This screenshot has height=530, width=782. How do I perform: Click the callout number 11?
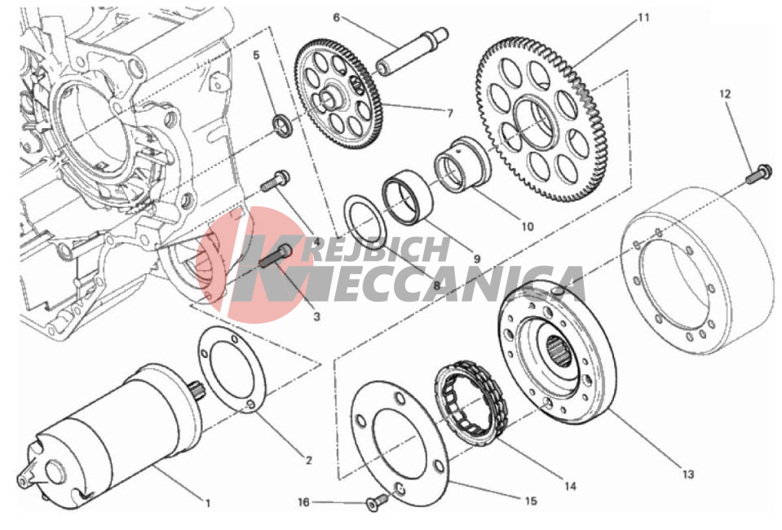tap(643, 17)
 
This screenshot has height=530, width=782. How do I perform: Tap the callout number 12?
tap(725, 93)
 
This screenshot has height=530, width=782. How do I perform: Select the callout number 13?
tap(688, 475)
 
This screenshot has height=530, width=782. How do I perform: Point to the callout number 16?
tap(303, 502)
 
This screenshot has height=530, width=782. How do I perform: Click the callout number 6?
tap(336, 17)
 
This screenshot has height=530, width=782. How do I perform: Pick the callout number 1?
tap(208, 504)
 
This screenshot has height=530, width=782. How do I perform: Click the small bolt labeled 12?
tap(759, 173)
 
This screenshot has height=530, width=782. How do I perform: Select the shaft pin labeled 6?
tap(413, 51)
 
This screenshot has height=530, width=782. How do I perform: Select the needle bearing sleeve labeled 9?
tap(408, 197)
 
